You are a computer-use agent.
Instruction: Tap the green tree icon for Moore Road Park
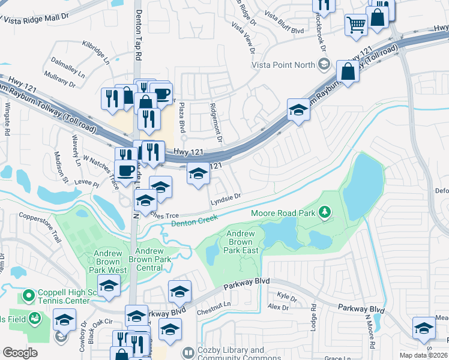325,212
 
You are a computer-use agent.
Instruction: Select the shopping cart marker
356,25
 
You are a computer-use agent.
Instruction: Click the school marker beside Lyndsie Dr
199,174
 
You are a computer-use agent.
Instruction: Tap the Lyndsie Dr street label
225,196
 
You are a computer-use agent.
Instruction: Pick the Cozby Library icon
188,352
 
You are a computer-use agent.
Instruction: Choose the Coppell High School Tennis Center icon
28,296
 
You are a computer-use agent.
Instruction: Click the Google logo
20,352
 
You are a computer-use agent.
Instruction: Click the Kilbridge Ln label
97,53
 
